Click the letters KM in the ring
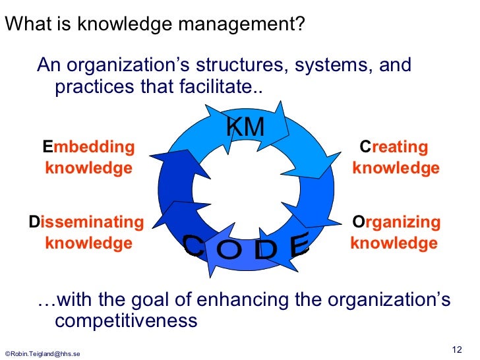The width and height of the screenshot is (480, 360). [245, 128]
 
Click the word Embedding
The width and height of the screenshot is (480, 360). [88, 146]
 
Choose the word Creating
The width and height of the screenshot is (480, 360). [394, 146]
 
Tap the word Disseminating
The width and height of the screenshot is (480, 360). [86, 222]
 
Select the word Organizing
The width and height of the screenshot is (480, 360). [396, 222]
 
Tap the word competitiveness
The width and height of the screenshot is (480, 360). [126, 321]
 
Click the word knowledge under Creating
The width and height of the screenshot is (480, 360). [396, 168]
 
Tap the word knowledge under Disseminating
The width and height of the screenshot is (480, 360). [88, 243]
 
